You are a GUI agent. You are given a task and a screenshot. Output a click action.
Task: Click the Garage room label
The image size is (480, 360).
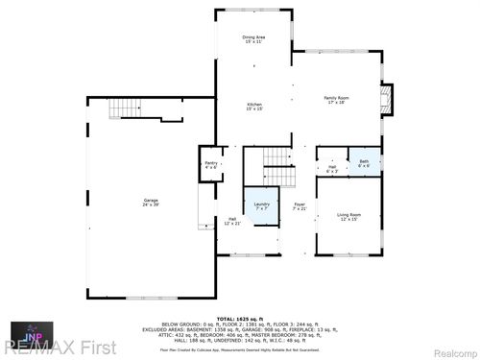pyautogui.click(x=152, y=199)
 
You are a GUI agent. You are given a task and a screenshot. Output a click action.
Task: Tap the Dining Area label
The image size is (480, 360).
pyautogui.click(x=253, y=37)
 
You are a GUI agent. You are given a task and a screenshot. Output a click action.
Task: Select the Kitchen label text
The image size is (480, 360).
pyautogui.click(x=254, y=103)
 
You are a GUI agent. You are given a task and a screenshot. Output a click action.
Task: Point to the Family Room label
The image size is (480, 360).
pyautogui.click(x=335, y=99)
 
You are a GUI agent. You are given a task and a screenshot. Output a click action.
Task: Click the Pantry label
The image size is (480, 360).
pyautogui.click(x=211, y=164)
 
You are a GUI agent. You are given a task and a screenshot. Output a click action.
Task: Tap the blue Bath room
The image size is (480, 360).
pyautogui.click(x=364, y=162)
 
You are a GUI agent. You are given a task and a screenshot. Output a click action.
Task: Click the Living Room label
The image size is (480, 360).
pyautogui.click(x=348, y=216)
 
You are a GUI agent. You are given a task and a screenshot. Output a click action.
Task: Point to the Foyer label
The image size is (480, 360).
pyautogui.click(x=299, y=204)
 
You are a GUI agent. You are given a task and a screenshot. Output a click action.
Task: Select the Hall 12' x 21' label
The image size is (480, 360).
pyautogui.click(x=231, y=221)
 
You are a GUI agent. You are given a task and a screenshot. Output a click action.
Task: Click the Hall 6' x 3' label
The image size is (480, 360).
pyautogui.click(x=331, y=168)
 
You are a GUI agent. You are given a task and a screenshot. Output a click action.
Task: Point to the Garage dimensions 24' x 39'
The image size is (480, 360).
pyautogui.click(x=152, y=204)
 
